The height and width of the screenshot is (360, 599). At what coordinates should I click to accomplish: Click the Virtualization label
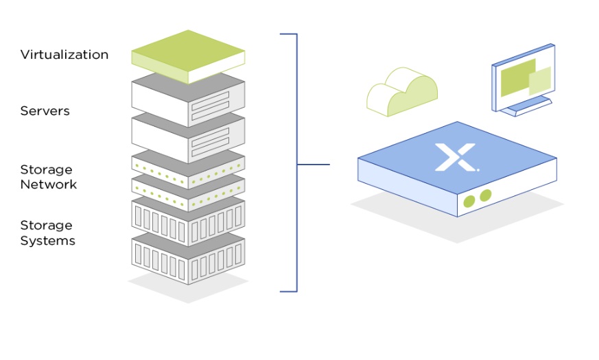[x=64, y=55]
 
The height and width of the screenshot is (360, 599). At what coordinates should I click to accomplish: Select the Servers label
[x=45, y=111]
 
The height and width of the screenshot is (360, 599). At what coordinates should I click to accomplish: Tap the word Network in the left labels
[x=48, y=184]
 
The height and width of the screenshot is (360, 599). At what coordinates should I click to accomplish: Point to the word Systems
[x=47, y=241]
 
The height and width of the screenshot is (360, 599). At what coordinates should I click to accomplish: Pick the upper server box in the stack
[x=188, y=99]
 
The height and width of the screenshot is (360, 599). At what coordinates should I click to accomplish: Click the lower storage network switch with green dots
[x=188, y=190]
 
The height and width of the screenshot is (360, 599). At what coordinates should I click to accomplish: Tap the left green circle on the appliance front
[x=470, y=201]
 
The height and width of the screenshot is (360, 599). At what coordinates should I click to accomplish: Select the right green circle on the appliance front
[x=486, y=195]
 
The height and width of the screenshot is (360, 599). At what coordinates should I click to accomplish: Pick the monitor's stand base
[x=527, y=105]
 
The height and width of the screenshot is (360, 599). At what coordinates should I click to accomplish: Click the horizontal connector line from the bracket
[x=314, y=165]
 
